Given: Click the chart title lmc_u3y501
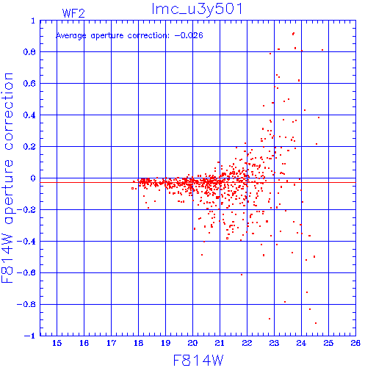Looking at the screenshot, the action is [x=197, y=10].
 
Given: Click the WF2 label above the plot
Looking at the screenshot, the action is [x=73, y=13].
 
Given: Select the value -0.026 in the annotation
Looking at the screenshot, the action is [x=189, y=35].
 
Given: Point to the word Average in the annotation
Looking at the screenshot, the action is [x=71, y=36].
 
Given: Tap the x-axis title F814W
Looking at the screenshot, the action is [x=198, y=361].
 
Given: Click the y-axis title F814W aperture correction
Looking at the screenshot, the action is [x=7, y=178].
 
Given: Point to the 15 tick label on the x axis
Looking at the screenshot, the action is [x=57, y=343].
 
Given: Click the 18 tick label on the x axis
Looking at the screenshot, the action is [x=138, y=343].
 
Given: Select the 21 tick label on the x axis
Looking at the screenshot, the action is [x=220, y=343].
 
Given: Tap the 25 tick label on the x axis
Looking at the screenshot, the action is [x=328, y=343].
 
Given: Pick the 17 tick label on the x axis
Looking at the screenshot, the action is [x=111, y=343].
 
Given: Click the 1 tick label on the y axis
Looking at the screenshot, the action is [x=33, y=21].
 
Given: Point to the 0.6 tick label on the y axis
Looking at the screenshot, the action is [x=29, y=84].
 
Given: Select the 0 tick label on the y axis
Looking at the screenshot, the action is [x=33, y=178].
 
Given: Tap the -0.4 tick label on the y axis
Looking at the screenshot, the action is [x=26, y=242].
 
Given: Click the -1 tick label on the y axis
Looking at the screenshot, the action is [x=30, y=336].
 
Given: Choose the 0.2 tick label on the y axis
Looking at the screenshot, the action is [x=29, y=147].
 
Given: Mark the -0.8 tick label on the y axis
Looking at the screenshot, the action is [x=26, y=304].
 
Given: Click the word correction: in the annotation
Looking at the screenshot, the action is [x=148, y=36].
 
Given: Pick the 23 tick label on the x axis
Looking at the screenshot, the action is [x=274, y=343].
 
